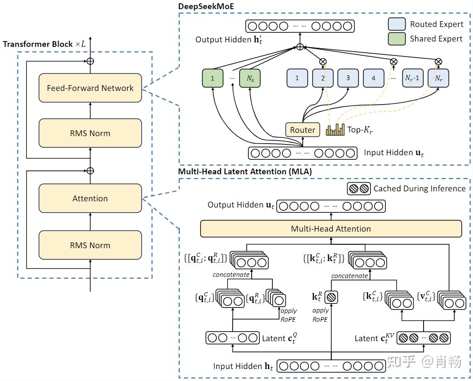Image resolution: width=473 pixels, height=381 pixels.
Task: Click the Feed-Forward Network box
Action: point(90,88)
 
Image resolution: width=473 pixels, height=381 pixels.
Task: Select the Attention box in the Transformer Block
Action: point(90,198)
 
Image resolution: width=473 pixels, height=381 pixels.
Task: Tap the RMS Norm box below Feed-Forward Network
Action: point(90,133)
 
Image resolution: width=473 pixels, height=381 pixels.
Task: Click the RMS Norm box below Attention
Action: point(90,245)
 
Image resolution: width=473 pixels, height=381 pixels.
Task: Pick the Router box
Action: point(302,130)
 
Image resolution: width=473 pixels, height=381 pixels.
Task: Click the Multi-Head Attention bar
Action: point(331,229)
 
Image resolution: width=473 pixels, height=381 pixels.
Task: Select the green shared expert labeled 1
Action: point(212,78)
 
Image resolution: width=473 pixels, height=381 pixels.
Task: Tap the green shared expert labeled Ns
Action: point(250,78)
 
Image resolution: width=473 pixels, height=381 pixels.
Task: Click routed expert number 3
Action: point(348,78)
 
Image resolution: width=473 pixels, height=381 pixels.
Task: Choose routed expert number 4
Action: point(373,78)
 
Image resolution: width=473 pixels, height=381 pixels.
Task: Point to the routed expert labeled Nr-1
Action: point(413,78)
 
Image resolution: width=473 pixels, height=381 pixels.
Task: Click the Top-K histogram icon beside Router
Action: point(335,130)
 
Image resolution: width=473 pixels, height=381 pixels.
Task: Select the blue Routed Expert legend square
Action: point(397,24)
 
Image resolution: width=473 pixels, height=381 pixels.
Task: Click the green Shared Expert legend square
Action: point(397,39)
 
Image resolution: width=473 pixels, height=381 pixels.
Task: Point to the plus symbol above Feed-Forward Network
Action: point(90,61)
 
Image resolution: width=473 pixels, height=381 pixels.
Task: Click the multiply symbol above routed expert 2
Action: point(323,61)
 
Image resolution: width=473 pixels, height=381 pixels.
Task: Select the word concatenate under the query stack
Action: point(231,275)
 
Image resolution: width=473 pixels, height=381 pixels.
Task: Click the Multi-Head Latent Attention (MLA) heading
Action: point(245,171)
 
